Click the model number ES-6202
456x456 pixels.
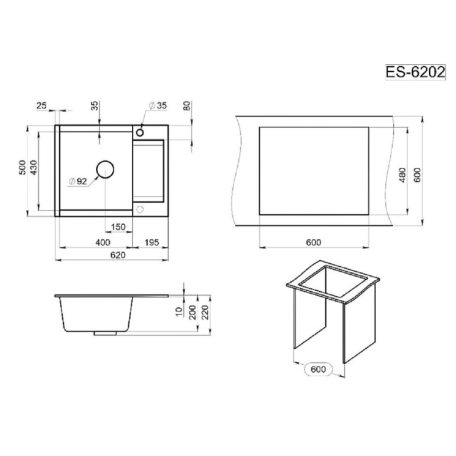tap(415, 72)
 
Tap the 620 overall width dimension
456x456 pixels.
tap(118, 255)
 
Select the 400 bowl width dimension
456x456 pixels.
tap(103, 242)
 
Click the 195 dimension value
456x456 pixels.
tap(152, 242)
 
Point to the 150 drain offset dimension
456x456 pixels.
tap(118, 227)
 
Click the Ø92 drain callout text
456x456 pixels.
tap(78, 181)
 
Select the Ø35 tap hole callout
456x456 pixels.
tap(158, 105)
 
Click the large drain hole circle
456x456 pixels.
tap(105, 169)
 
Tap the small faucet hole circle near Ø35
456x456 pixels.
tap(140, 133)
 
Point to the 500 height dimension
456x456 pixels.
tap(22, 168)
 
